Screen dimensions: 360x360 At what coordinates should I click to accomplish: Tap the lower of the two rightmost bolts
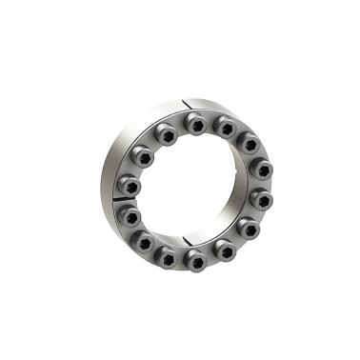[262, 201]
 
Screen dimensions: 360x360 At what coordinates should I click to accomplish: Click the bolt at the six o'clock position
[195, 260]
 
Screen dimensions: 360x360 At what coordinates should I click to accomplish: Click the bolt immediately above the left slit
[128, 184]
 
